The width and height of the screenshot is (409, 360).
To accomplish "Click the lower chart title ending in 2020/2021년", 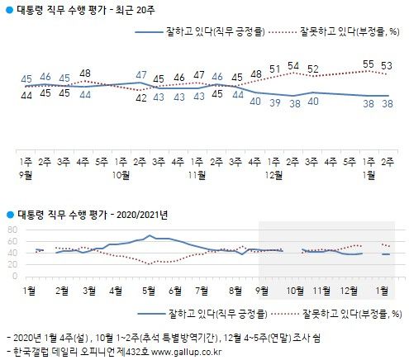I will (88, 215).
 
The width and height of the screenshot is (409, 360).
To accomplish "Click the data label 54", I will (292, 66).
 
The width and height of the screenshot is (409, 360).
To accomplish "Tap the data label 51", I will (273, 69).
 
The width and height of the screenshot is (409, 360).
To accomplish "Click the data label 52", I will (312, 69).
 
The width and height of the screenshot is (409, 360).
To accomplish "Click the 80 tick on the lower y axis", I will (12, 229).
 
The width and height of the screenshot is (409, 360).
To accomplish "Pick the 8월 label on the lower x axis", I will (236, 290).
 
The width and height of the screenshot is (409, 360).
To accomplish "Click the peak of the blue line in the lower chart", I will (149, 236).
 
